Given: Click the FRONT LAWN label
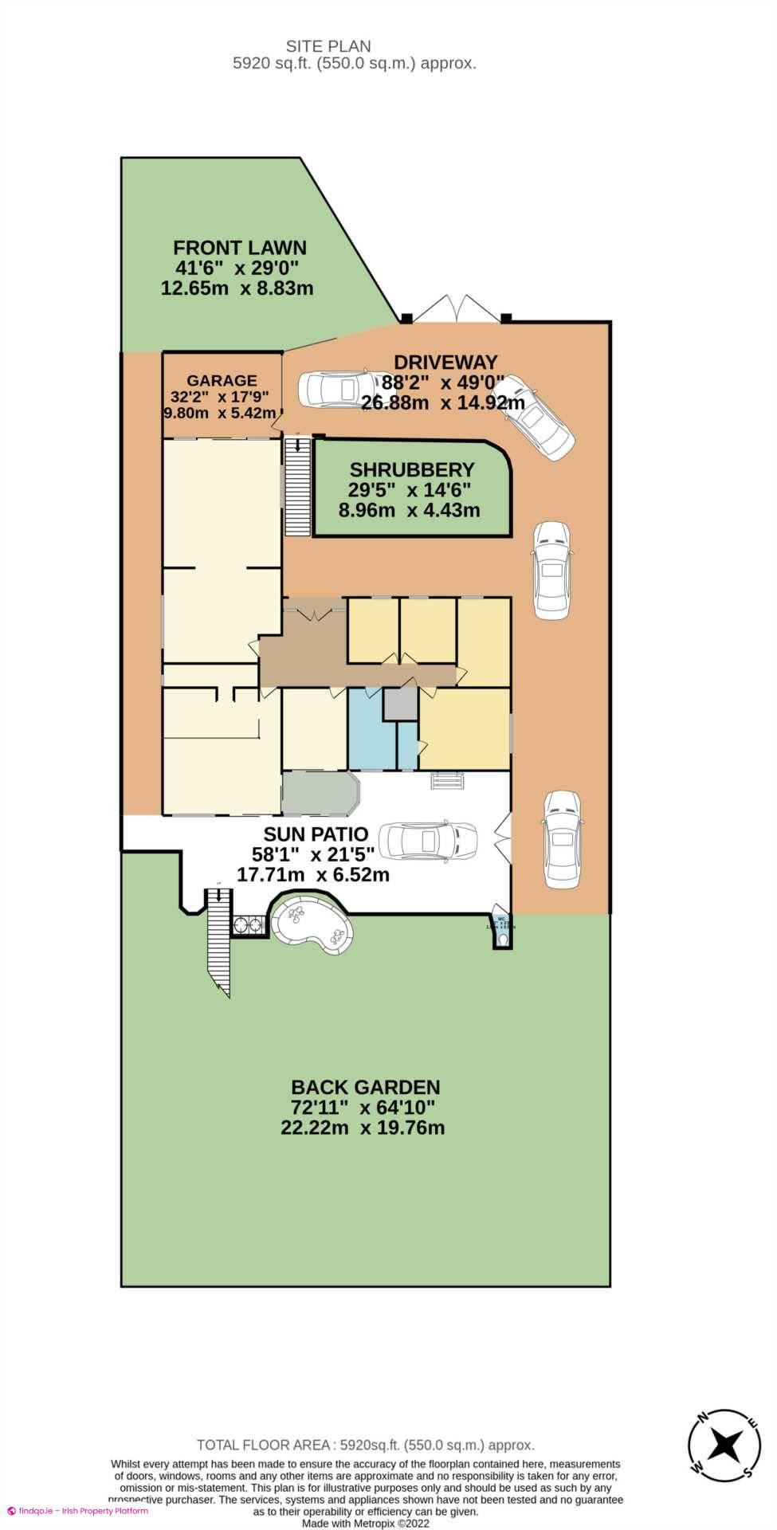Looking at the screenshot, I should [x=239, y=248].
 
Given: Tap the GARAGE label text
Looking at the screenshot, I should [x=222, y=381].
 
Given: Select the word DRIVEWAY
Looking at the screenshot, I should [x=445, y=363].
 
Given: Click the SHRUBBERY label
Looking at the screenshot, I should [x=411, y=470].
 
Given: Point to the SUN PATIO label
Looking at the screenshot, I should [x=316, y=834].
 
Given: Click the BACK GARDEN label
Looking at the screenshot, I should [x=365, y=1087].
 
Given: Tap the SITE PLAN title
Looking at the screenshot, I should [x=328, y=46].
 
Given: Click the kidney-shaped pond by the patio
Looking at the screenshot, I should [x=312, y=925].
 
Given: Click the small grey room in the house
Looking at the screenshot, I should [x=400, y=704].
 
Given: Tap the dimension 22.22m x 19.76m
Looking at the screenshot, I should [x=363, y=1128].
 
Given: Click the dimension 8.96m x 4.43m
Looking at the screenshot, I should [x=409, y=510].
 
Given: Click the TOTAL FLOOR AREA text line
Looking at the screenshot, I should [x=365, y=1445].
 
